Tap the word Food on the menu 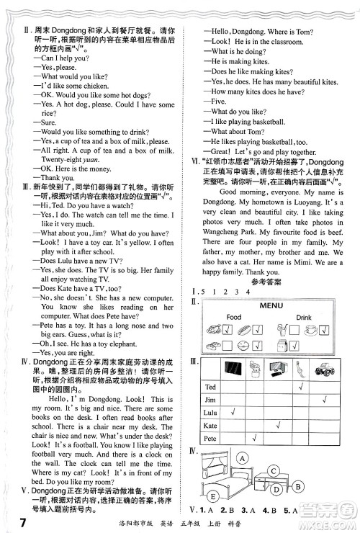tap(233, 316)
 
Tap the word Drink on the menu tap(304, 316)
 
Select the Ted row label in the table tap(210, 388)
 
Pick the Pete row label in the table tap(210, 437)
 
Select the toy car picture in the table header tap(324, 368)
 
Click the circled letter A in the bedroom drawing tap(242, 459)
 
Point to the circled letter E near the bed tap(213, 496)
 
